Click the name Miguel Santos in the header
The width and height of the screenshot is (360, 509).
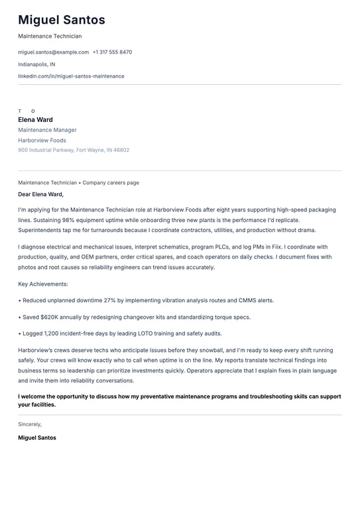click(x=61, y=21)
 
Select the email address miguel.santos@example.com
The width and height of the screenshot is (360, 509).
click(x=53, y=52)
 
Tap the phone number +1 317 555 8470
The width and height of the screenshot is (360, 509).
click(x=112, y=52)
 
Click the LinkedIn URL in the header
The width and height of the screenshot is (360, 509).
click(x=71, y=76)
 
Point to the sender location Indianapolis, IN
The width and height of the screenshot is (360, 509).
click(x=36, y=64)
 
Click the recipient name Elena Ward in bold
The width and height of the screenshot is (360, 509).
click(x=35, y=120)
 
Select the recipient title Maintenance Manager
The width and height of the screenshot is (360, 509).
click(x=47, y=130)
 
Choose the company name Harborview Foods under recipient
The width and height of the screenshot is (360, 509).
click(x=42, y=141)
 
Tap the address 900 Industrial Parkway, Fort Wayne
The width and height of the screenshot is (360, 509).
click(x=74, y=150)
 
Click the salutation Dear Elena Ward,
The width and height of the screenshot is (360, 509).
click(x=40, y=194)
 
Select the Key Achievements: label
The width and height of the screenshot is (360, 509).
click(x=43, y=284)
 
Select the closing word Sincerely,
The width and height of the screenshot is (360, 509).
click(x=30, y=424)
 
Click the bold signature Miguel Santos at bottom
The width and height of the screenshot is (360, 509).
click(x=37, y=438)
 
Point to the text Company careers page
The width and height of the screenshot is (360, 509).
click(x=111, y=182)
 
